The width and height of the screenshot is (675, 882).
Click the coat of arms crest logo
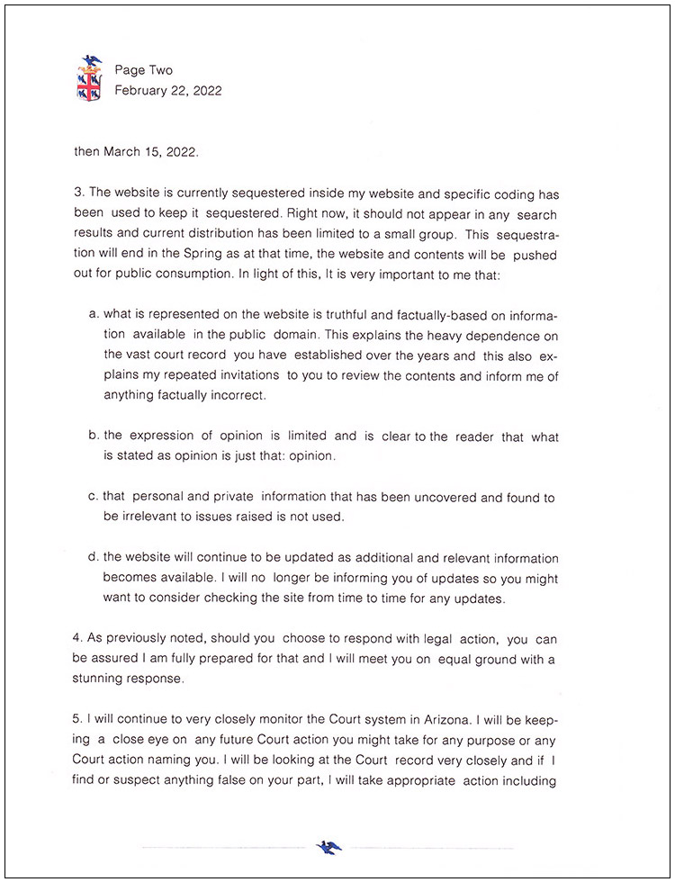(x=89, y=78)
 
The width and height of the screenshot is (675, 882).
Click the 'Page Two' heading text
(x=143, y=70)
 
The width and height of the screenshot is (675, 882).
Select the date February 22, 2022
(x=167, y=90)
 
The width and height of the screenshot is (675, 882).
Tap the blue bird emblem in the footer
(x=328, y=846)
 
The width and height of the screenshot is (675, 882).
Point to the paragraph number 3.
(x=77, y=193)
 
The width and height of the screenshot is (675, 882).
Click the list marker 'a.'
(x=94, y=315)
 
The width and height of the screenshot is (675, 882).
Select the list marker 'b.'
(x=94, y=436)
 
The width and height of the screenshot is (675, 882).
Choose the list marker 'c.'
(x=94, y=498)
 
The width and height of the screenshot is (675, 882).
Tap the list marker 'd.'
(x=94, y=559)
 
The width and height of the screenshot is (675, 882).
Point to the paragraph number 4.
(x=77, y=639)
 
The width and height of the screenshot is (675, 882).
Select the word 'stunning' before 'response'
(x=96, y=679)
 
